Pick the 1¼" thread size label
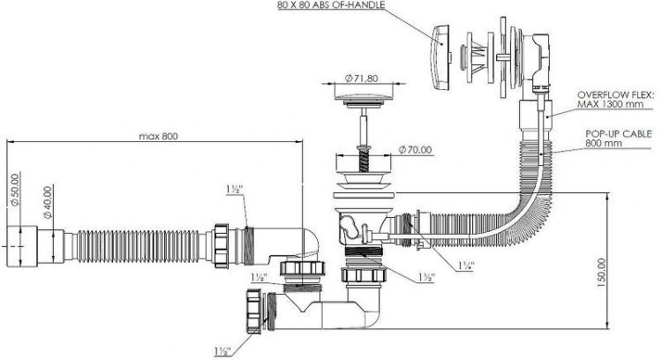[x=465, y=265]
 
